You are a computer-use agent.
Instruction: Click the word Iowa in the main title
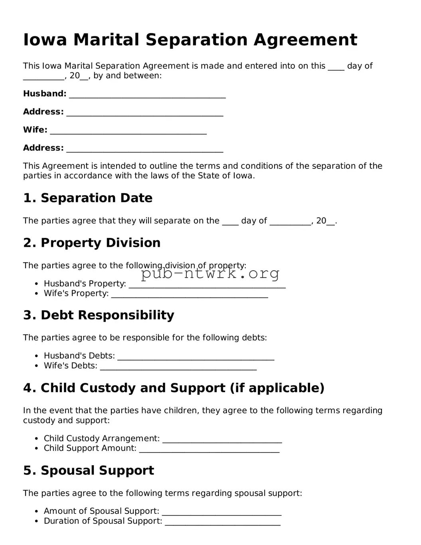click(45, 40)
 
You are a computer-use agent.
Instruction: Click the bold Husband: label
click(45, 94)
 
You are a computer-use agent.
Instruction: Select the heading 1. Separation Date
click(88, 198)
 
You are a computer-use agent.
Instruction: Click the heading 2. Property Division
click(92, 243)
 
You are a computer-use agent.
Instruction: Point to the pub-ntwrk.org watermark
click(210, 273)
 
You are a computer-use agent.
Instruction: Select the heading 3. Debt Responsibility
click(99, 315)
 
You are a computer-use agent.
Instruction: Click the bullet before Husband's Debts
click(37, 356)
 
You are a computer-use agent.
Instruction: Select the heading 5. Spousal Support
click(89, 470)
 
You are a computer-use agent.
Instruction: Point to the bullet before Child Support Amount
click(37, 449)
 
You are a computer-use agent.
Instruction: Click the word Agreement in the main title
click(305, 40)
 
